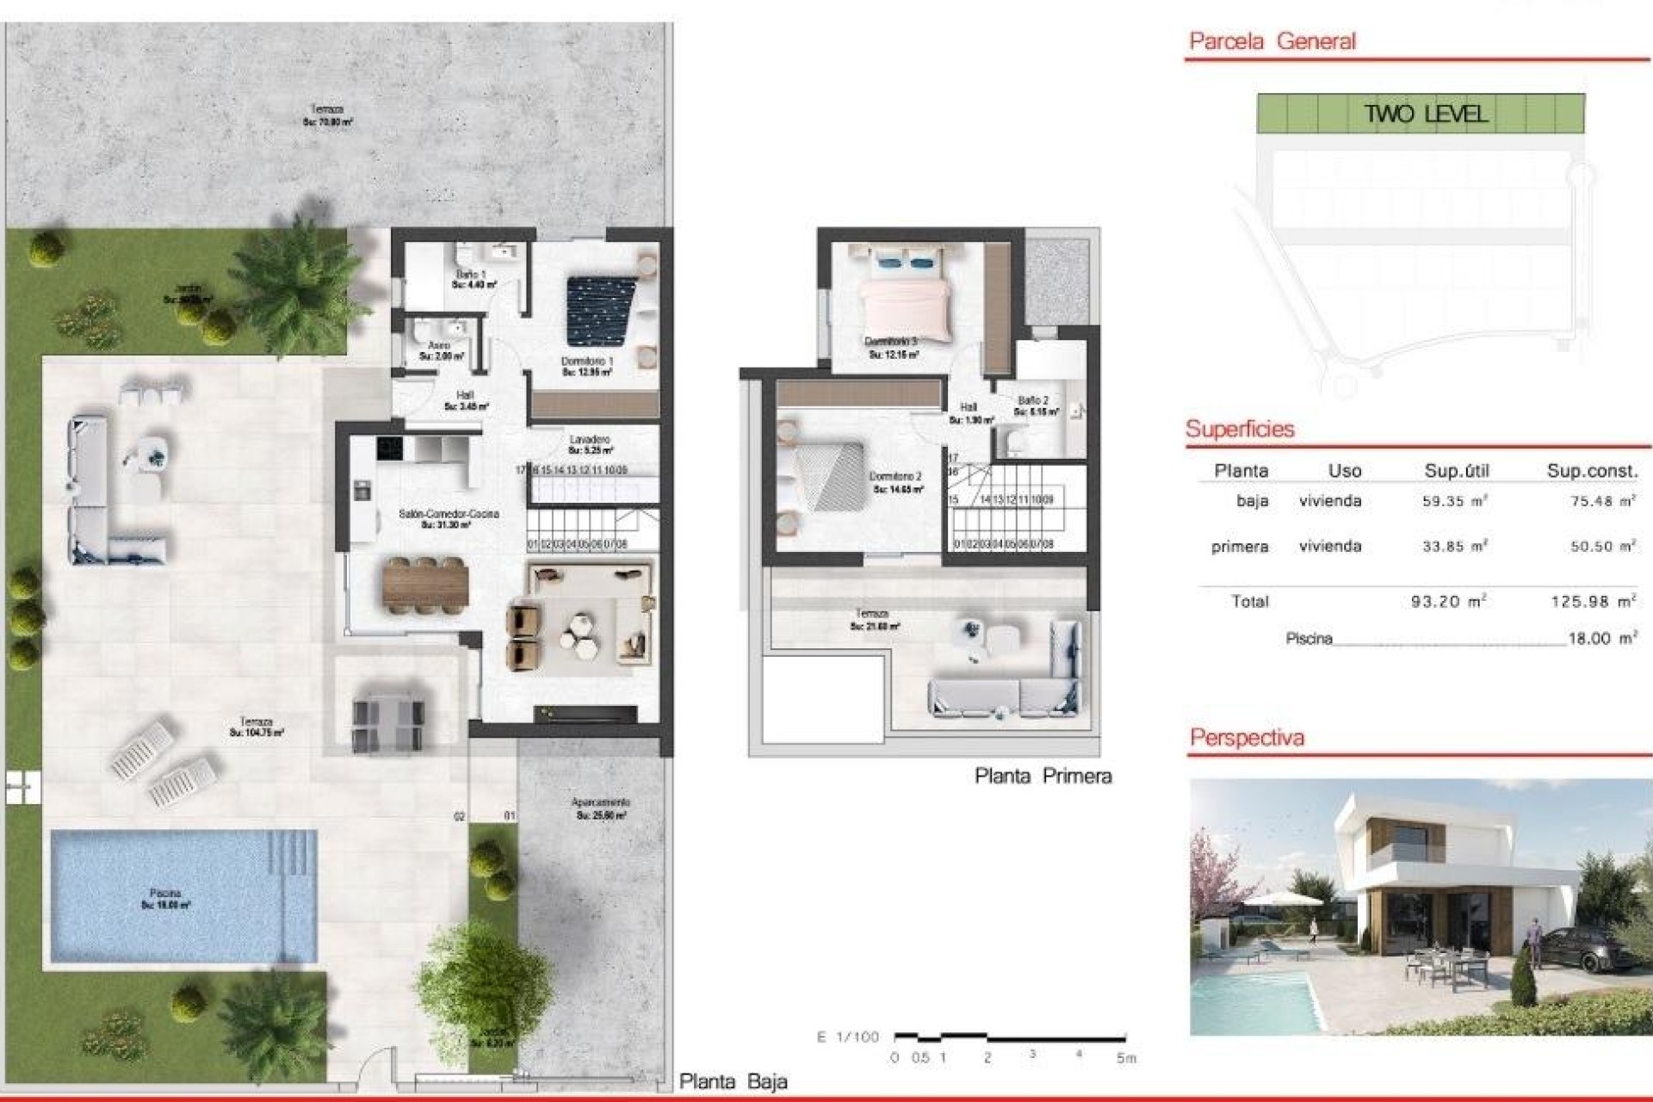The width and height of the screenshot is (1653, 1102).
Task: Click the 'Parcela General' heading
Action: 1272,41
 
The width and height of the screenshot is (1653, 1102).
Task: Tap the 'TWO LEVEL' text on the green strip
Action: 1426,114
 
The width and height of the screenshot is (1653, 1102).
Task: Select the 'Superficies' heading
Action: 1240,429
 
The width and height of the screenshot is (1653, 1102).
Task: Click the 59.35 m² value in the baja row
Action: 1455,501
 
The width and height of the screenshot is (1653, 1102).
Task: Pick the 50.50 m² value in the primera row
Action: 1602,547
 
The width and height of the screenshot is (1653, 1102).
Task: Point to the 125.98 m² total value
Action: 1593,602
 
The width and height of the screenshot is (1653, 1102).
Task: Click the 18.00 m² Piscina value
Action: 1601,639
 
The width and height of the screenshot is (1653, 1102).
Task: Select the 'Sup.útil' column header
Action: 1457,471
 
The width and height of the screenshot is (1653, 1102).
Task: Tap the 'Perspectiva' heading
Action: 1247,738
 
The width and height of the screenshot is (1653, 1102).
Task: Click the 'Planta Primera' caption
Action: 1043,777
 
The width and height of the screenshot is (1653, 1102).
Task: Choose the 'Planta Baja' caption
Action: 733,1082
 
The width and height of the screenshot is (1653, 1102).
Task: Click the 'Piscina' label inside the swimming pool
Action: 164,894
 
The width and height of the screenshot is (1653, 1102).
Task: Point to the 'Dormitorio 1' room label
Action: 587,362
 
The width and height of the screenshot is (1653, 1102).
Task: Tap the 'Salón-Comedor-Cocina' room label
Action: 449,514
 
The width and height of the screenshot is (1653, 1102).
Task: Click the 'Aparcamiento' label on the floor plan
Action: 600,803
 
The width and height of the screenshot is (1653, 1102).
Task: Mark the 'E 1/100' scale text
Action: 848,1037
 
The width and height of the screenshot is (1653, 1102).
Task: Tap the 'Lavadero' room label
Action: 590,440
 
